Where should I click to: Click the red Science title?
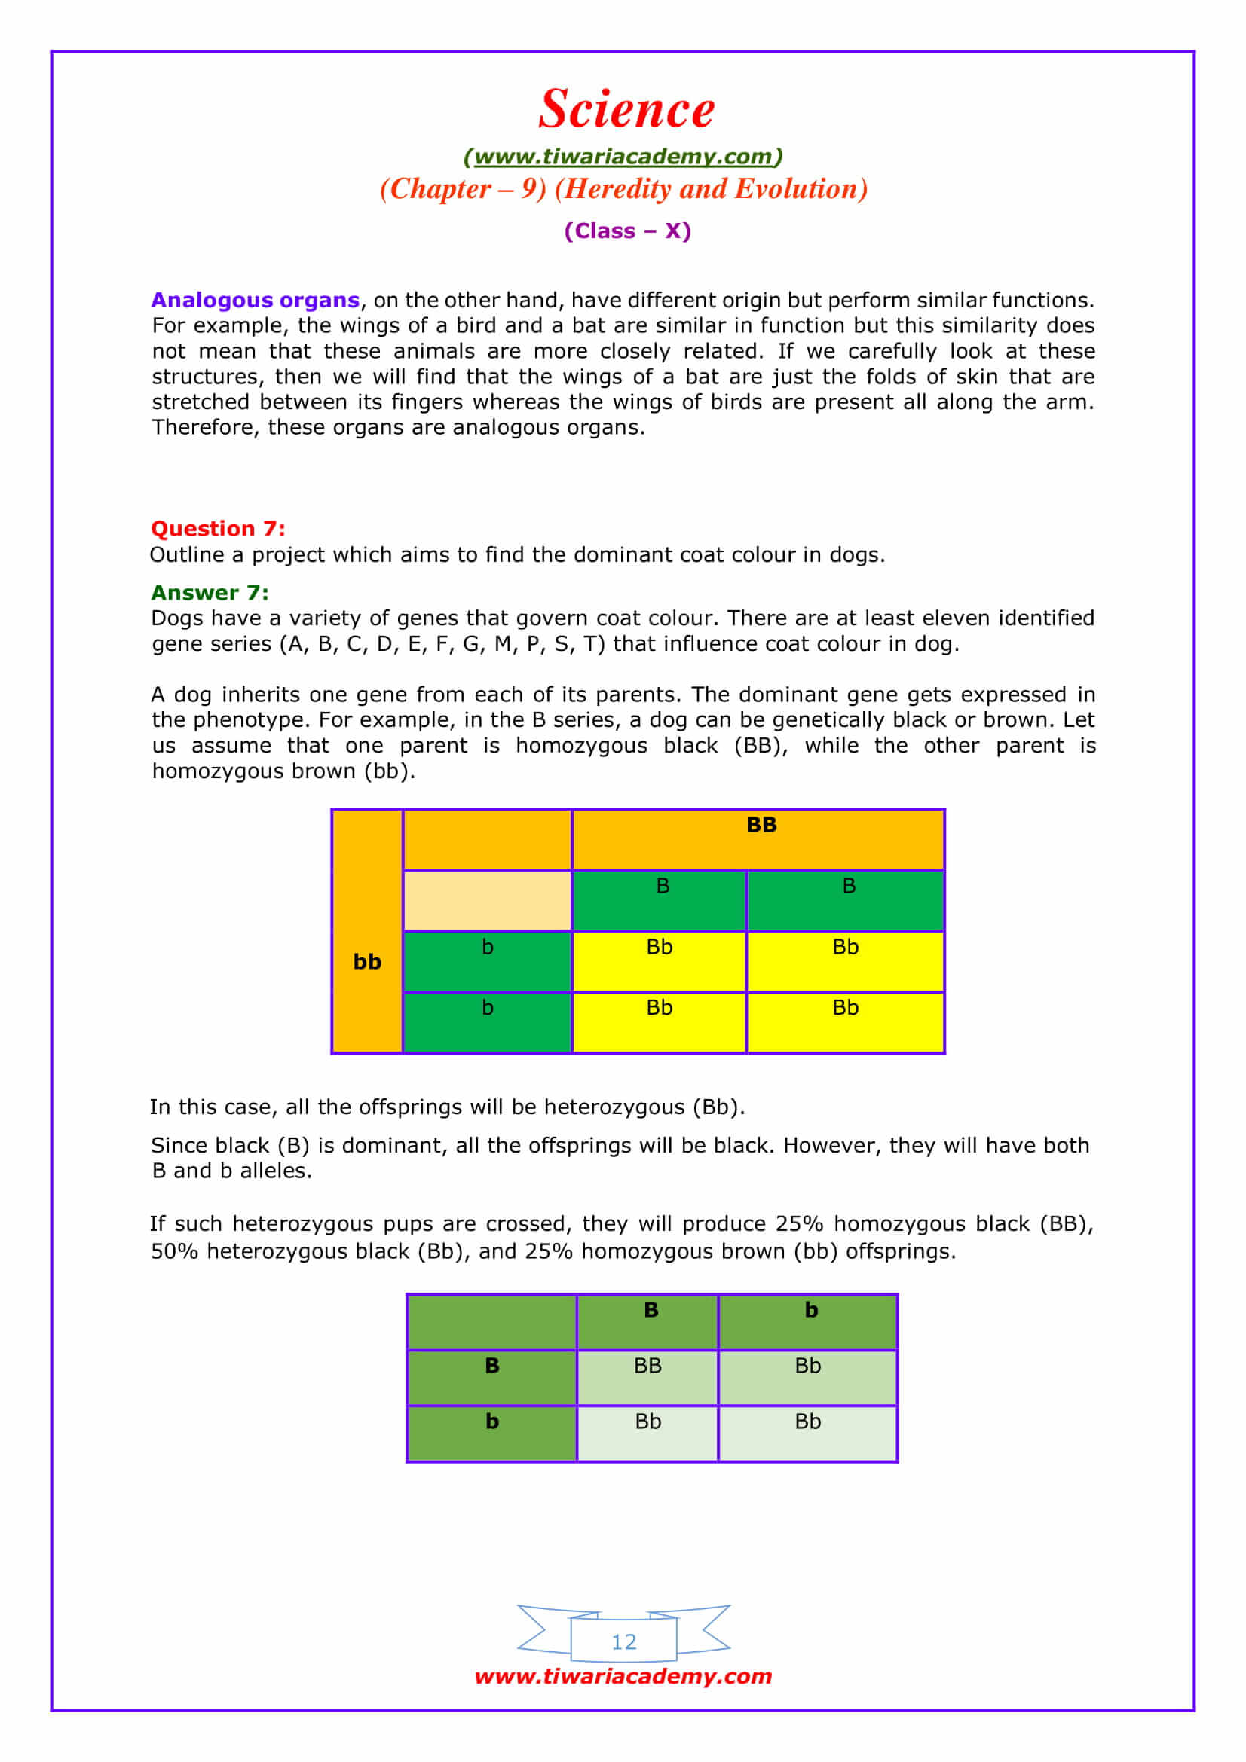point(626,108)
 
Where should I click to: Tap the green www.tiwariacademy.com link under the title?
point(623,157)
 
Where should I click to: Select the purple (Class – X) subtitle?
point(627,231)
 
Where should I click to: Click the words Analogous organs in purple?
point(255,300)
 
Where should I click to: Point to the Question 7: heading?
point(218,529)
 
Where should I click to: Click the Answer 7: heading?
point(210,592)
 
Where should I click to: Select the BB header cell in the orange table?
point(761,825)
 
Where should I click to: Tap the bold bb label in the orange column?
point(367,961)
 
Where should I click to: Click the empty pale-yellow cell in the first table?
point(487,900)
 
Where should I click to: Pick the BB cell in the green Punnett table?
point(647,1366)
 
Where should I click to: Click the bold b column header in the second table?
point(811,1310)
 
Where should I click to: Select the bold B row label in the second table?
point(492,1366)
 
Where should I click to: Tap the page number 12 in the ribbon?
point(623,1642)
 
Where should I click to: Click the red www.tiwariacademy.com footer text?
point(623,1676)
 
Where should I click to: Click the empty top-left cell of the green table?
point(492,1321)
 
